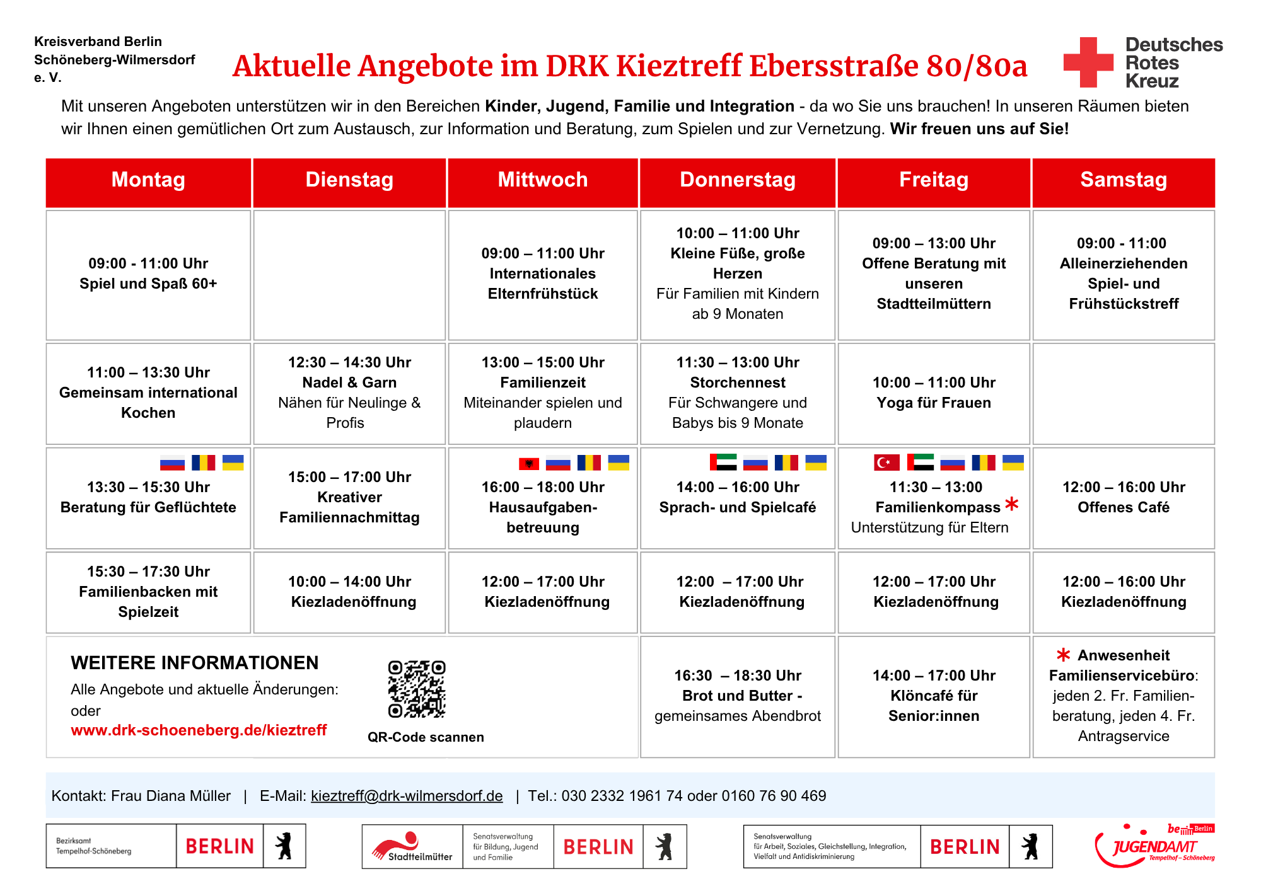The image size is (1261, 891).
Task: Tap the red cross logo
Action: [x=1088, y=62]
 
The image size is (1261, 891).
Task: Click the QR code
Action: [x=417, y=689]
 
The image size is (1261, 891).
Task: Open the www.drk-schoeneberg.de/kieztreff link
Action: [x=199, y=730]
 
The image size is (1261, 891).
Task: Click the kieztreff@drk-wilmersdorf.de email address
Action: [x=407, y=796]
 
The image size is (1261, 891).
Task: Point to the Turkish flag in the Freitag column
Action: [x=886, y=463]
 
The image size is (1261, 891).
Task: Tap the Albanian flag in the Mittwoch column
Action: [x=529, y=464]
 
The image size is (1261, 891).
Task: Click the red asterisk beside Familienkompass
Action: [x=1012, y=503]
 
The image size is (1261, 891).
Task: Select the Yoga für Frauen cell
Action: [x=934, y=393]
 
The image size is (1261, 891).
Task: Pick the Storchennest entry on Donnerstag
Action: [x=738, y=393]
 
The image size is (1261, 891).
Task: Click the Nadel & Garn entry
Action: [x=349, y=393]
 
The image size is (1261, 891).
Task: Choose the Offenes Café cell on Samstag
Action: [x=1124, y=498]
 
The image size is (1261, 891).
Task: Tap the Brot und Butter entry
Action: [x=738, y=696]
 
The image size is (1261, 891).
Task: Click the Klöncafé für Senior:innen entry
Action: [x=934, y=696]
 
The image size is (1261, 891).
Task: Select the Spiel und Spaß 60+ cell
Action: [x=148, y=275]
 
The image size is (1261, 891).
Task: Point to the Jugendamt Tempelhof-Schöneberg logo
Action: [x=1155, y=846]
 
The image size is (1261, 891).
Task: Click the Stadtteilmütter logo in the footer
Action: [x=413, y=846]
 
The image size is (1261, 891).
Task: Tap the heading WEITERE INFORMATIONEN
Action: [x=195, y=663]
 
